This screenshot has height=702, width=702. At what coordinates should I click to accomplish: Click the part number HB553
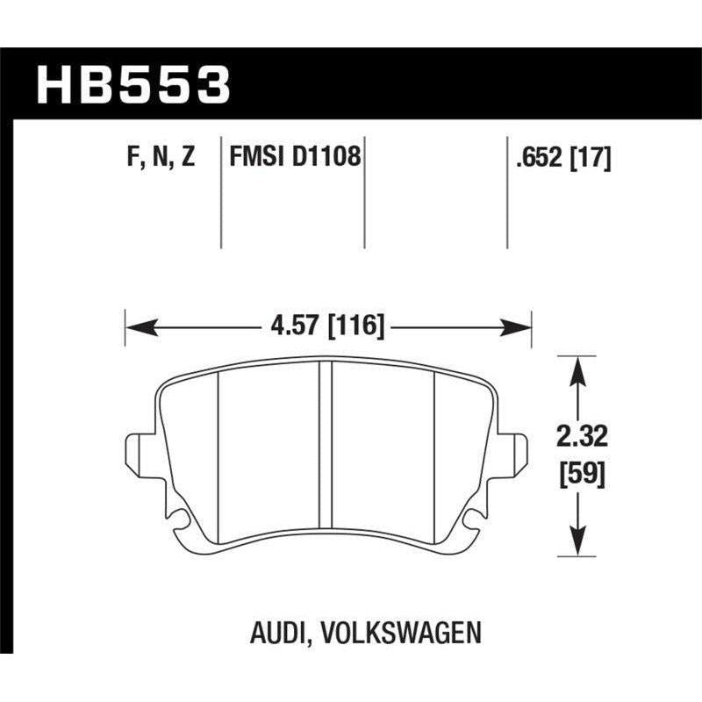pos(132,86)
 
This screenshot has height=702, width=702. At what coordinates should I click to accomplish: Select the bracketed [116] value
pos(355,326)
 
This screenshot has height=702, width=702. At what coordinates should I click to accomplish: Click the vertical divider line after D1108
pos(363,193)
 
